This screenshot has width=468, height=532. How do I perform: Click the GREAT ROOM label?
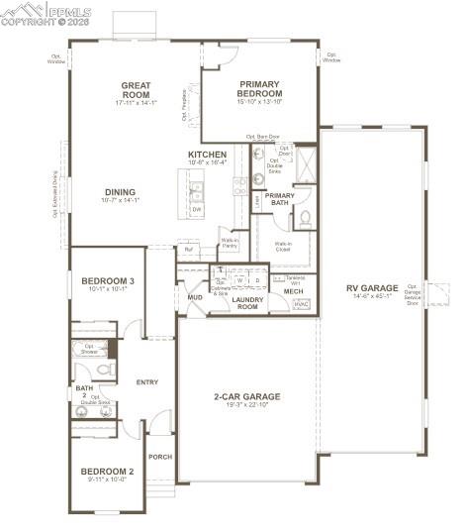136,90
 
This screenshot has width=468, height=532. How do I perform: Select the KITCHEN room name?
208,156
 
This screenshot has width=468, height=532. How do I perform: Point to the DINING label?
121,192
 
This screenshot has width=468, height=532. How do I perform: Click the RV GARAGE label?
368,289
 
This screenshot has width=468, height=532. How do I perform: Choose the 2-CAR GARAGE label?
246,396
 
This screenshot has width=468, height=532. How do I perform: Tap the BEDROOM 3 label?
108,282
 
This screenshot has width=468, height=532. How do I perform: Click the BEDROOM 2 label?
107,471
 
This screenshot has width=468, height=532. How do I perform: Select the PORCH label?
160,457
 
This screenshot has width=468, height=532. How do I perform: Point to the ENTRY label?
147,381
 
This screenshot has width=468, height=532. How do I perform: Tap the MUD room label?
195,296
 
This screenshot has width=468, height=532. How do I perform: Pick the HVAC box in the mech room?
301,304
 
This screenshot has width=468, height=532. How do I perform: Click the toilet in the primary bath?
306,217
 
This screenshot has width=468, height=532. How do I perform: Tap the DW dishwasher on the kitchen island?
196,209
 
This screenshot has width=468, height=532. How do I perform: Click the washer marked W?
239,280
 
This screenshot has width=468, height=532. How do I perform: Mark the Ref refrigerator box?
188,250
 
